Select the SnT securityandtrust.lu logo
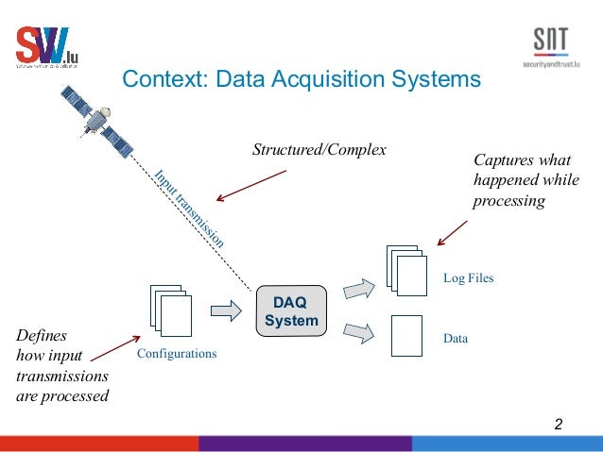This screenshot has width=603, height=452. [551, 47]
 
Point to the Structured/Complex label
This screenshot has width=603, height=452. [319, 149]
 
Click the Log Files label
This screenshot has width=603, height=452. [468, 278]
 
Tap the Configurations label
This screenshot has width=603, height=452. [177, 354]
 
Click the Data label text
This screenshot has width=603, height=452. [456, 337]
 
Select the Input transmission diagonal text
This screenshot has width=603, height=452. [189, 208]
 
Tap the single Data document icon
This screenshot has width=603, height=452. [406, 335]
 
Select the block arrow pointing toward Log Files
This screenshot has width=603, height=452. [357, 288]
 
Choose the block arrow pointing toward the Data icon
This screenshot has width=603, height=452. [357, 332]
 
